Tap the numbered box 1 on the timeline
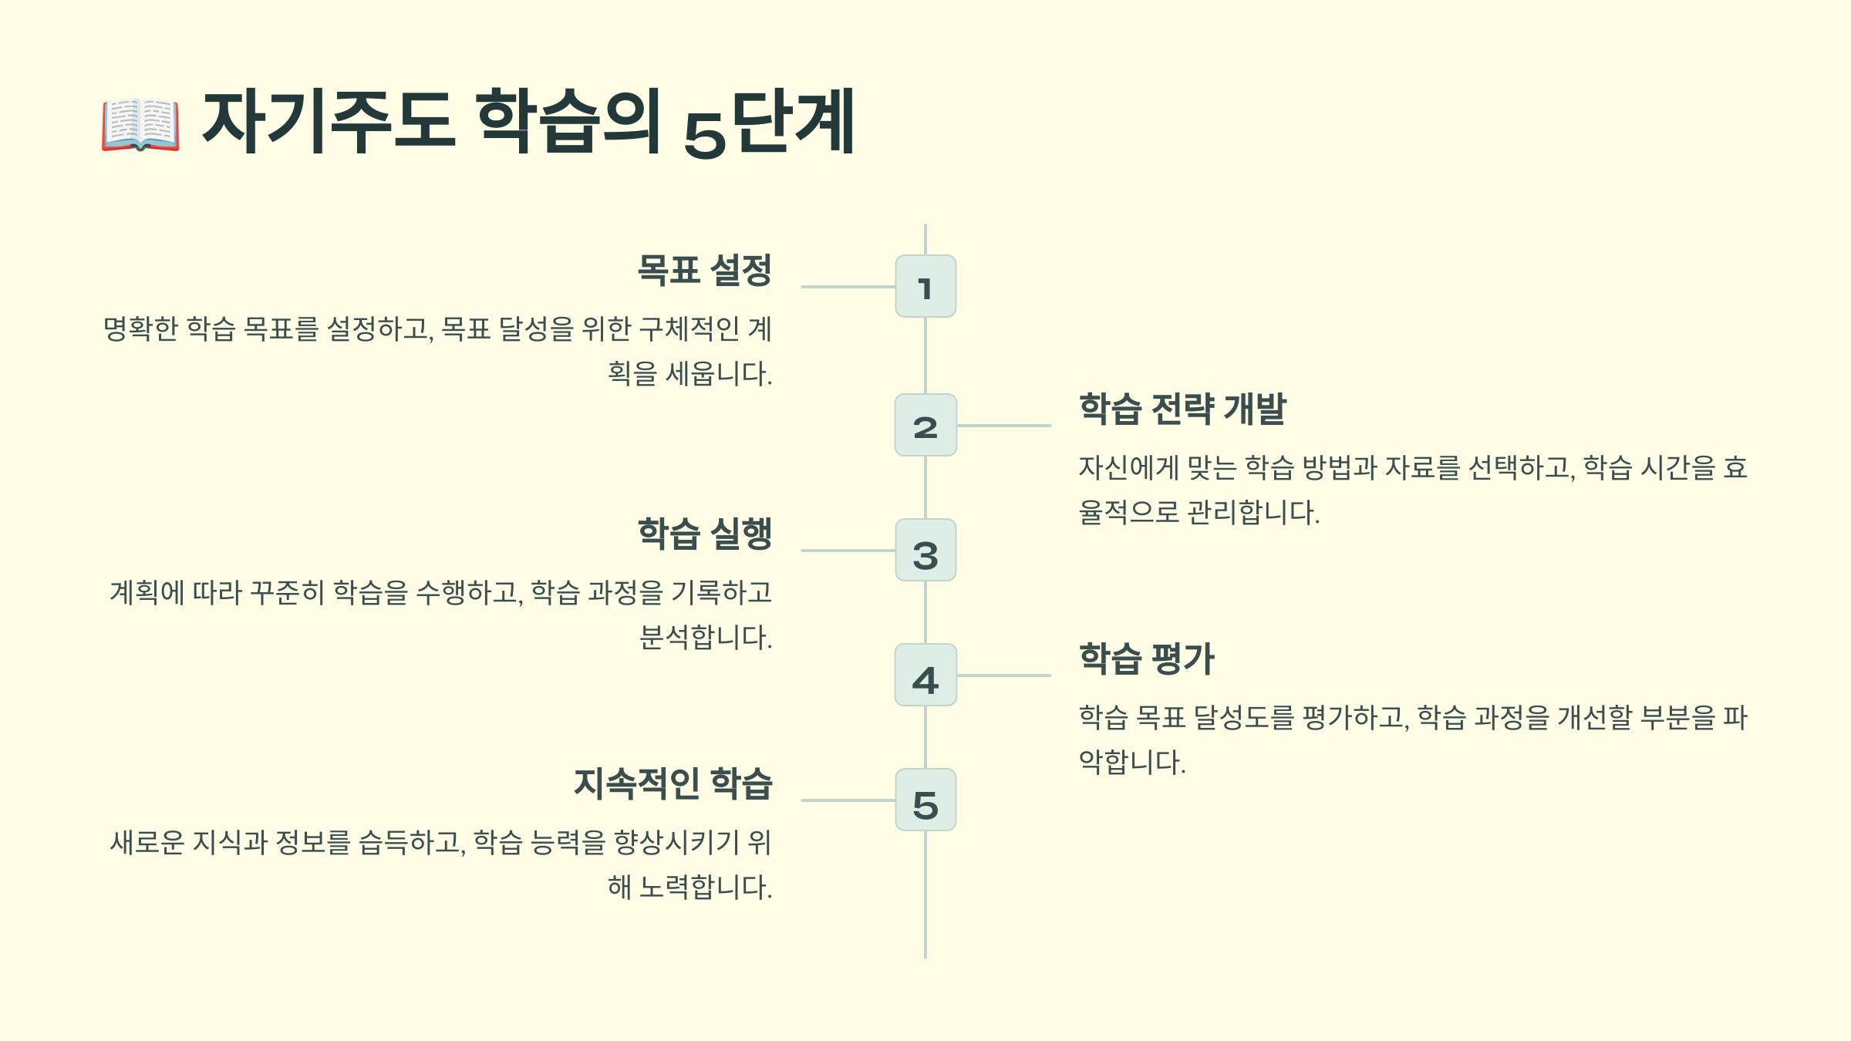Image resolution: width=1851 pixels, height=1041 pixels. click(925, 287)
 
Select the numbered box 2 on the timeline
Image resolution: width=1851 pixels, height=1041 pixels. click(925, 426)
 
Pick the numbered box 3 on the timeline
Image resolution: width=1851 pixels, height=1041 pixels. click(925, 551)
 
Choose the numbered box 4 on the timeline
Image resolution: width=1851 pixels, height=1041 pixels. click(925, 675)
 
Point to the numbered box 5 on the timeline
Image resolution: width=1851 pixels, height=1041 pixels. click(925, 800)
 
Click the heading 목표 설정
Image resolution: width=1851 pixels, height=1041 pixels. click(704, 270)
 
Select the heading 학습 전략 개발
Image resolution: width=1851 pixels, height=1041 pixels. click(1182, 409)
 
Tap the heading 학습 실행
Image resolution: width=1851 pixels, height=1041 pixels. click(704, 534)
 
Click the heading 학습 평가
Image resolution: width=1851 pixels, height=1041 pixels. click(1146, 659)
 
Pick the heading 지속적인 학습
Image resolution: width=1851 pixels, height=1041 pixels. click(673, 783)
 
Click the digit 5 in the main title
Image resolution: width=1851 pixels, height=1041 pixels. click(705, 135)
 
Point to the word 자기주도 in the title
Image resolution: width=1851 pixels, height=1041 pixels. click(328, 122)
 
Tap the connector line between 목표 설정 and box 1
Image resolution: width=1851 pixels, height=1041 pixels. click(848, 287)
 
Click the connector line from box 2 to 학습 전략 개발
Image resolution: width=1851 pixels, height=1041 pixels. click(1003, 426)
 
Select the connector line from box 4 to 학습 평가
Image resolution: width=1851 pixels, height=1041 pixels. click(1003, 675)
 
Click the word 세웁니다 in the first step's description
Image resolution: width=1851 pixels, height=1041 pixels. click(718, 374)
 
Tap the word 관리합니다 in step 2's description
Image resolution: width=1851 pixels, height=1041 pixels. click(1253, 513)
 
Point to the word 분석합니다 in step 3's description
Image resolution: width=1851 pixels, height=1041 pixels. click(705, 638)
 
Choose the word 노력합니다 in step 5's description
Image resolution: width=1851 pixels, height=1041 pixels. click(705, 888)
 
